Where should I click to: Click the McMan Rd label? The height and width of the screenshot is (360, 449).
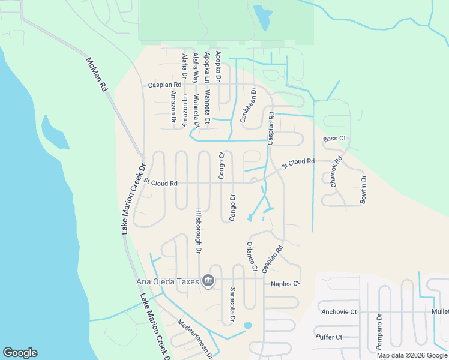(x=96, y=74)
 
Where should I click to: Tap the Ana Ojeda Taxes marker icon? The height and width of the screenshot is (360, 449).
(x=208, y=280)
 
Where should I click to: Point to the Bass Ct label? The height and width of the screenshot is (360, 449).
(x=334, y=139)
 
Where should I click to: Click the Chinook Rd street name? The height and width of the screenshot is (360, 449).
(x=336, y=172)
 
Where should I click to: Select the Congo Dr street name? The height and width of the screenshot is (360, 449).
(x=232, y=206)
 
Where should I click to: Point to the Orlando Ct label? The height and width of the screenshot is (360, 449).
(x=251, y=256)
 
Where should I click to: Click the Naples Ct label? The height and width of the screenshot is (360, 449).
(x=285, y=284)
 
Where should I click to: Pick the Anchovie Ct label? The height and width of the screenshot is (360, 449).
(x=339, y=311)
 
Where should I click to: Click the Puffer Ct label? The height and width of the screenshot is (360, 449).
(x=330, y=337)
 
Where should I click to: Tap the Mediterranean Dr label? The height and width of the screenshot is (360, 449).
(x=196, y=339)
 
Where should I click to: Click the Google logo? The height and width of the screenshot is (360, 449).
(x=20, y=353)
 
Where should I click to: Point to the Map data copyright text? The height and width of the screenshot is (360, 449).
(x=412, y=355)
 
